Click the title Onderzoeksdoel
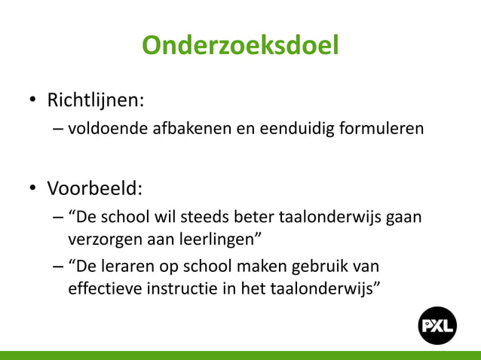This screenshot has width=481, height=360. pos(240,47)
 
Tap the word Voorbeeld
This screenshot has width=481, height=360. pos(93,187)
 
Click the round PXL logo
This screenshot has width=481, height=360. pos(438,325)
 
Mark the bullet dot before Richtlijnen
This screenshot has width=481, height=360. pos(33,101)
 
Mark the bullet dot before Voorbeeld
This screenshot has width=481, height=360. pos(33,188)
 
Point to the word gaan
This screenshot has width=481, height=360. pos(404,218)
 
